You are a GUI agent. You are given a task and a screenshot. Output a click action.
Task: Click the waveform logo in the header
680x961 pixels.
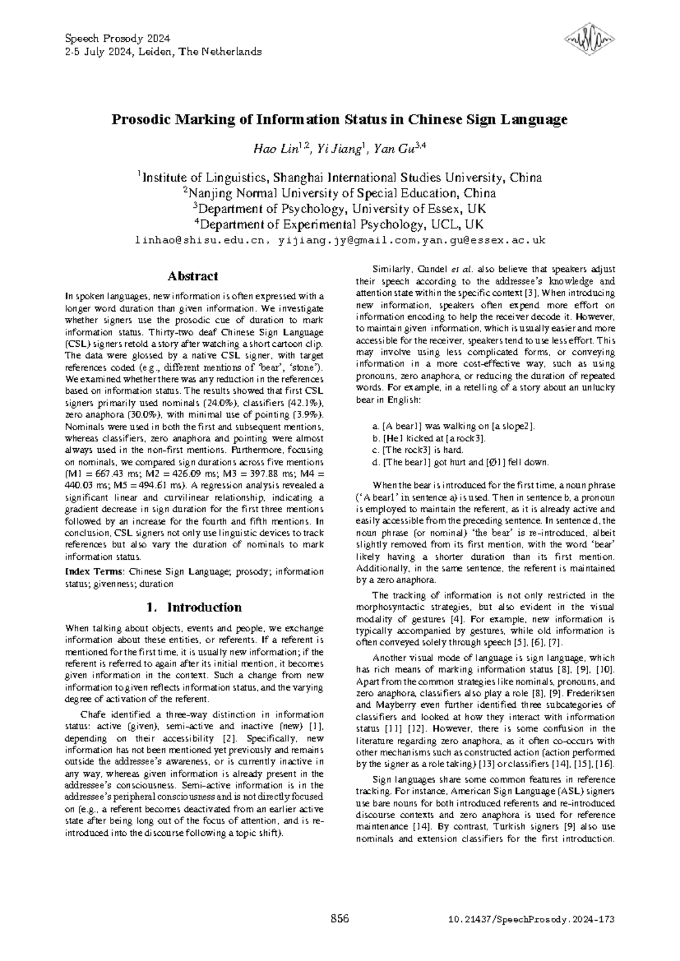(x=589, y=39)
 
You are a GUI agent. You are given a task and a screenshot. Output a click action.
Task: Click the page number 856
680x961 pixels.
(x=339, y=919)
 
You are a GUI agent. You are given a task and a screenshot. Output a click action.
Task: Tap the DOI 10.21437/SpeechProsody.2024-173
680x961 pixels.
(x=529, y=919)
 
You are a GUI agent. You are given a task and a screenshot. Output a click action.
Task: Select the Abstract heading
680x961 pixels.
(x=193, y=277)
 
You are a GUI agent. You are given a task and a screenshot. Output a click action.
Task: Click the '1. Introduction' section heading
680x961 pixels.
(x=194, y=607)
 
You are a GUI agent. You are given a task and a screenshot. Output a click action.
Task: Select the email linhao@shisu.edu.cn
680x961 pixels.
(x=199, y=240)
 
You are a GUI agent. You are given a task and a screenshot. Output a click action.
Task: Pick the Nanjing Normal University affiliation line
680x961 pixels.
(x=340, y=193)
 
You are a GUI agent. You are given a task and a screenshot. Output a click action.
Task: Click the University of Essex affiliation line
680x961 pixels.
(x=340, y=208)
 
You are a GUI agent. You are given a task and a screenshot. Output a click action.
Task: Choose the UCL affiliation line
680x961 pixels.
(x=340, y=224)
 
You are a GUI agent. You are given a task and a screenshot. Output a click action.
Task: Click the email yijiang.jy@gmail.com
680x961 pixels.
(x=348, y=240)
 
